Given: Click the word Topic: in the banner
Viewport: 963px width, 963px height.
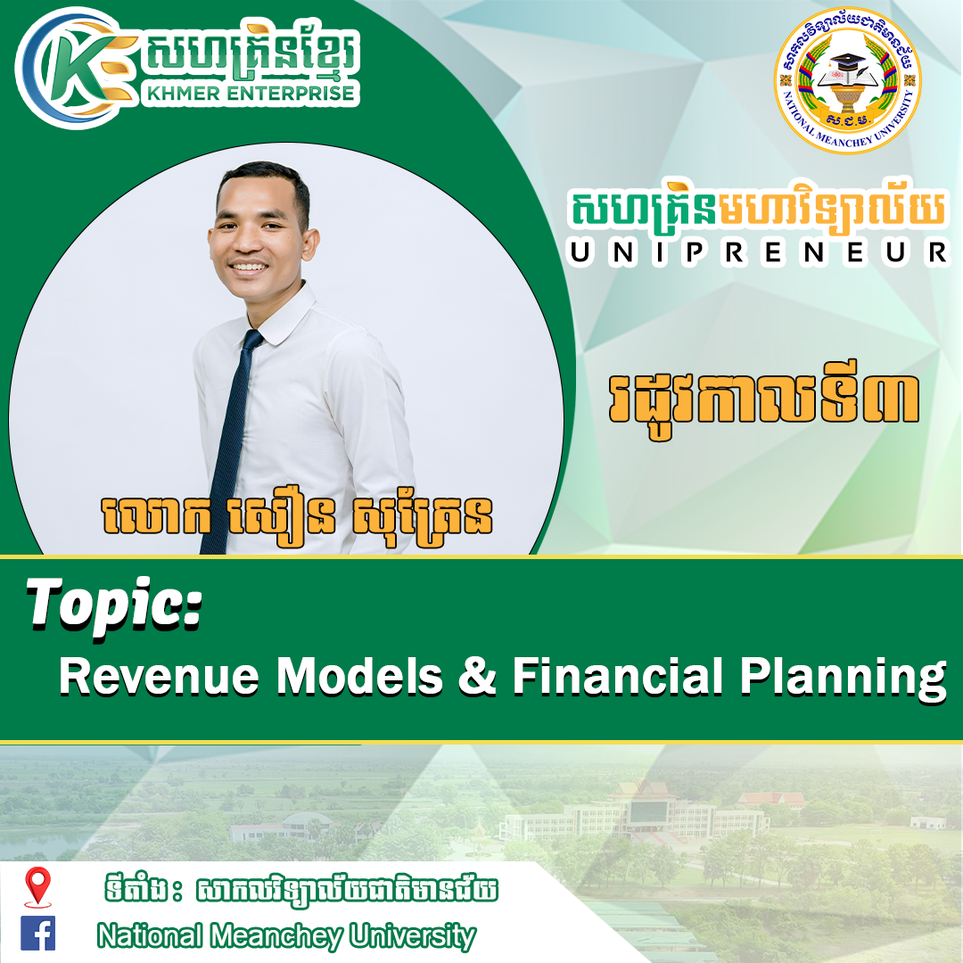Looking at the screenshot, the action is pos(114,606).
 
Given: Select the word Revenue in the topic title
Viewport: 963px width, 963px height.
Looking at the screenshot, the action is pos(159,676).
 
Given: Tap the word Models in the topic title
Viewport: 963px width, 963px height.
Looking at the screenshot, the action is pos(359,676).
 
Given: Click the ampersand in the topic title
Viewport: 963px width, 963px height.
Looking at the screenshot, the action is pos(476,676).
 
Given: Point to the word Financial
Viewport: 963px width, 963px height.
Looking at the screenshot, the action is pos(618,676).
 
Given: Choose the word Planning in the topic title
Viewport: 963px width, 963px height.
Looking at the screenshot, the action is pos(843,679).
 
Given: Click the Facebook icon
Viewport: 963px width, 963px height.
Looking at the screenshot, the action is pos(38,933).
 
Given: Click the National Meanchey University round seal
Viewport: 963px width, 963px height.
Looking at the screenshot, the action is pos(848,80).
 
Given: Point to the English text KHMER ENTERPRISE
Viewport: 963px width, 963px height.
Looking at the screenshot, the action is pos(250,93).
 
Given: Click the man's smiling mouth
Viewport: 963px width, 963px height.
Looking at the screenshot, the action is pos(249,267).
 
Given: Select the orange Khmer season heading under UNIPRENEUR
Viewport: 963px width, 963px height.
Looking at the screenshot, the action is pos(763,399).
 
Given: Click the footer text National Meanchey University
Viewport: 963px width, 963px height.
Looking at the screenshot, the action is pos(286,936).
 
